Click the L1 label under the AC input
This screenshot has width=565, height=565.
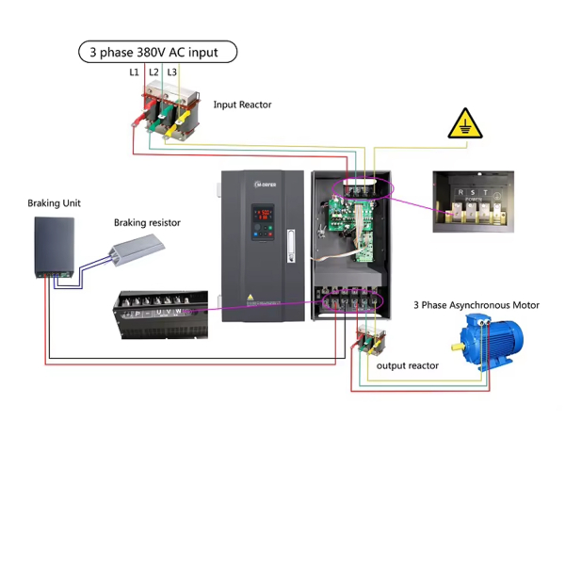pos(134,73)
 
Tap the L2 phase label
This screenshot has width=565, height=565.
pos(153,73)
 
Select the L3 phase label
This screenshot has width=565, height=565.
pos(171,73)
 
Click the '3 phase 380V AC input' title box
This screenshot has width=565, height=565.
pos(156,52)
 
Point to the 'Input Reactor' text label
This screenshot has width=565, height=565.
pos(242,105)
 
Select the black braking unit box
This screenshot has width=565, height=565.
pos(54,247)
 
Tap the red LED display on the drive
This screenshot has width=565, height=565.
pos(265,215)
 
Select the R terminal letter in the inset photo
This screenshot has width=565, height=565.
pos(459,194)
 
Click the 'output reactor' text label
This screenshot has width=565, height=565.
pos(408,365)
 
